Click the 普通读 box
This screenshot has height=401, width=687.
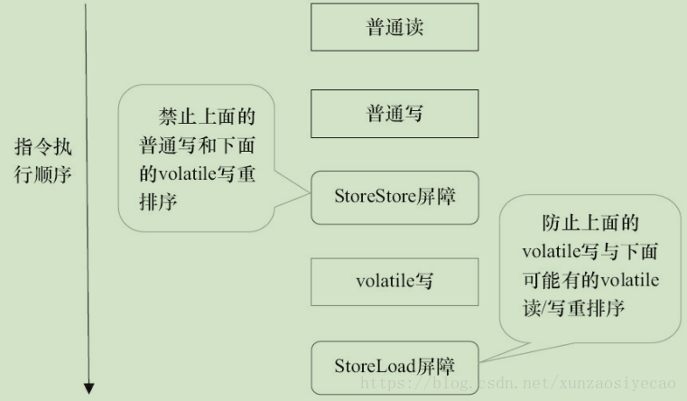click(x=395, y=27)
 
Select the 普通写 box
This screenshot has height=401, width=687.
click(x=395, y=114)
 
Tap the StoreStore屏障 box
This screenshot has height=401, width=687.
click(x=395, y=195)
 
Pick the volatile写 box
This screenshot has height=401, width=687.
click(x=395, y=281)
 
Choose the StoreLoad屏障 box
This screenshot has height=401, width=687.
click(x=395, y=366)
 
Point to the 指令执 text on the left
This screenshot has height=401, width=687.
click(x=43, y=146)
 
